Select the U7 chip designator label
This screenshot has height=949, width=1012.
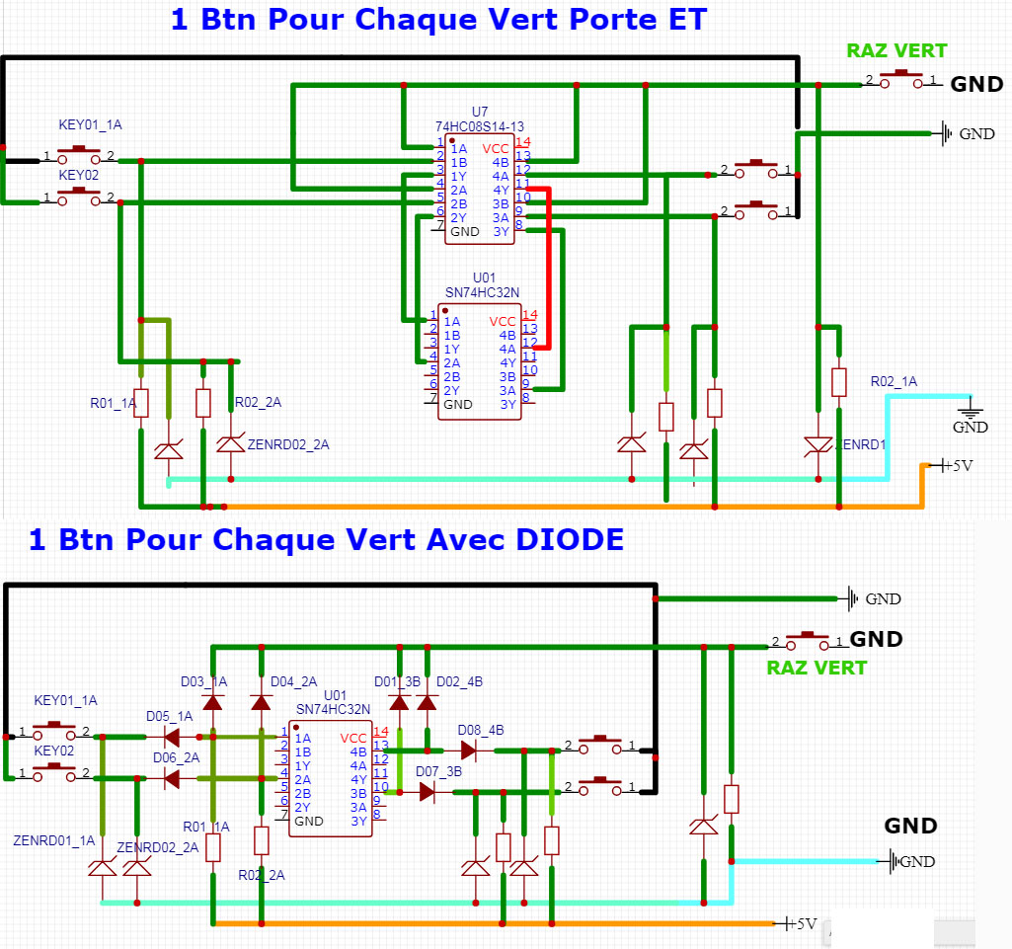[x=480, y=112]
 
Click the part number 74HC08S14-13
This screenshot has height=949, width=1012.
[x=480, y=126]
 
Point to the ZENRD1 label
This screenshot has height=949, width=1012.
[x=861, y=444]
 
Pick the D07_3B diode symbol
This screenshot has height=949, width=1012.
[x=428, y=791]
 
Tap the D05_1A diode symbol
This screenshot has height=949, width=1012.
[x=171, y=737]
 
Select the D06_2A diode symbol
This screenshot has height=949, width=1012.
[x=171, y=778]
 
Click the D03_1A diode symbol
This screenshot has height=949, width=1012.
[x=212, y=702]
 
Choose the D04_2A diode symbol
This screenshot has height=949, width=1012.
[x=261, y=702]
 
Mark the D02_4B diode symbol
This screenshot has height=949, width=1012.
[x=427, y=702]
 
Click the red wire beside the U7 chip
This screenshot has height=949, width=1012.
[x=547, y=267]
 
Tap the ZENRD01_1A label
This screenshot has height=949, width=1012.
[x=54, y=841]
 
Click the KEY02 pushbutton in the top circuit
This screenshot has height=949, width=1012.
[x=79, y=198]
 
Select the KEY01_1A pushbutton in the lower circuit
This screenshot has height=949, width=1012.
[x=54, y=732]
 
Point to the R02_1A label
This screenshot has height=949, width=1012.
[x=894, y=381]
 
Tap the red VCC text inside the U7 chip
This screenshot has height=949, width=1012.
[x=496, y=148]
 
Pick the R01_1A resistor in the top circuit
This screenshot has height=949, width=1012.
[x=141, y=403]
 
